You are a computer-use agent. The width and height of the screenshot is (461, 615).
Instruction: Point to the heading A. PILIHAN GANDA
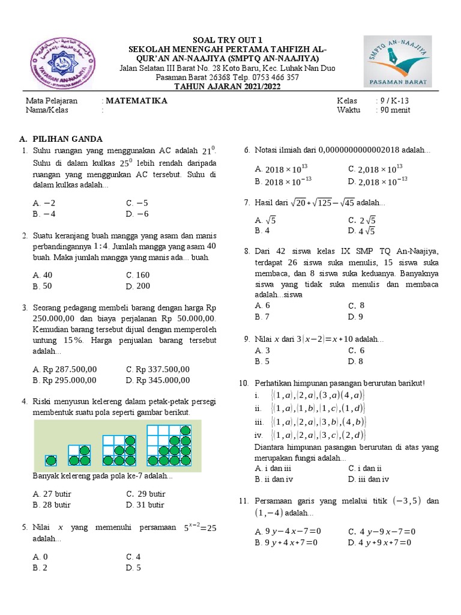(x=62, y=138)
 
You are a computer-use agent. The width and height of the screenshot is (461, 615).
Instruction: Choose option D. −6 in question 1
(x=137, y=214)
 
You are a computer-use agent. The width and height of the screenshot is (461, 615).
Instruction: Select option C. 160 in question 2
(x=138, y=275)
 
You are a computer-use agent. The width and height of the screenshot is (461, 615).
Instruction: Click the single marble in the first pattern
(x=52, y=461)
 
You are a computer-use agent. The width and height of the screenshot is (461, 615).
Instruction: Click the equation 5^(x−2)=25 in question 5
(x=200, y=528)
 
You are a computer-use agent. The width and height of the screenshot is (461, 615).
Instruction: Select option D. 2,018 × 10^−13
(x=378, y=181)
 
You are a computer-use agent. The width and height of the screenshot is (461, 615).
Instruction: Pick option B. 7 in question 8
(x=262, y=317)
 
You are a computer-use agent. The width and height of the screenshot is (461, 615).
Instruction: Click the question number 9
(x=246, y=339)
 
